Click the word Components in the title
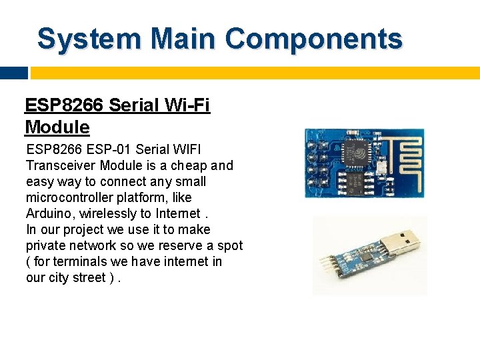tap(313, 39)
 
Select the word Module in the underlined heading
tap(57, 127)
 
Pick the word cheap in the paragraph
tap(189, 165)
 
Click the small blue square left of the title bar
tap(14, 73)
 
